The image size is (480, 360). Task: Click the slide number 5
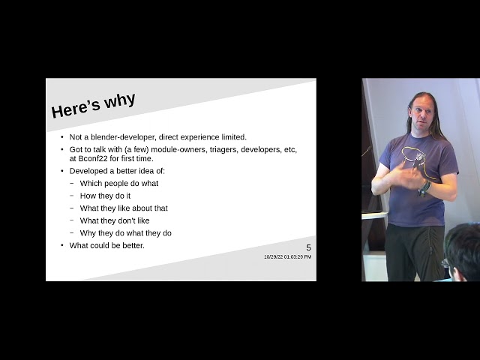pos(308,248)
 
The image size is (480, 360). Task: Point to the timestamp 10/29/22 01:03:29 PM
pos(287,257)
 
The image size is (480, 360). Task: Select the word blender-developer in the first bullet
pos(124,137)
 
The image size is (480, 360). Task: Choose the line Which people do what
pos(119,183)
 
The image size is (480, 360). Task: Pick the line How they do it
pos(106,196)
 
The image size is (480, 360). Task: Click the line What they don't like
pos(115,220)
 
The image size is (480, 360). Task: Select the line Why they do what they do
pos(126,233)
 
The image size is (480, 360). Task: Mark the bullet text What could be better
pos(107,245)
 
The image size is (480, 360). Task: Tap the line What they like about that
pos(124,208)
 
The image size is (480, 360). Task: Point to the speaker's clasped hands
pos(409,178)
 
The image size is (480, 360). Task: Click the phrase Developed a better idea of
pos(117,171)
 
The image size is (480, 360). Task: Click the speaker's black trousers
pos(415,251)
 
